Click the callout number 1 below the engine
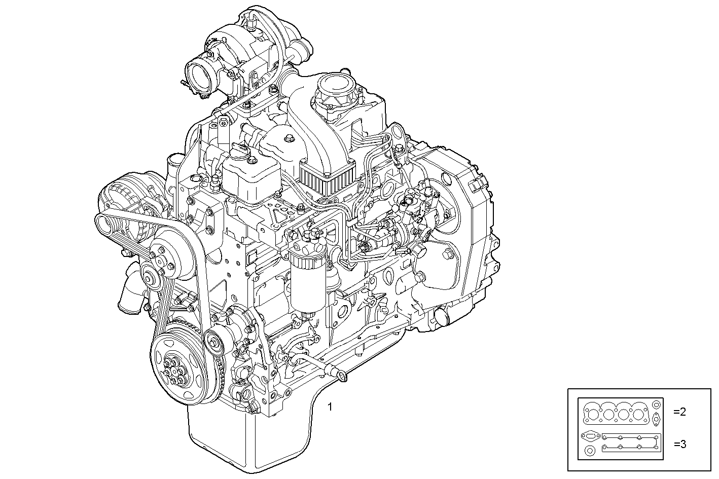point(330,407)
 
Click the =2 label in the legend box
point(680,412)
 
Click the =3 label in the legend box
point(680,445)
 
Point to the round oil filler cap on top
point(336,84)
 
